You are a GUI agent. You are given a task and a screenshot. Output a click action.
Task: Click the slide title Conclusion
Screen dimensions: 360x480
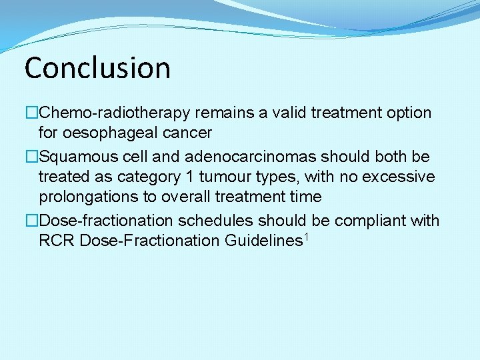(x=97, y=67)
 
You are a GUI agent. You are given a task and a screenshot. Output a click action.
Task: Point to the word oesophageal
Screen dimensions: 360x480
(x=98, y=133)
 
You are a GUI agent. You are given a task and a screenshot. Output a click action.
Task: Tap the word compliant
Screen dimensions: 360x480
(x=370, y=221)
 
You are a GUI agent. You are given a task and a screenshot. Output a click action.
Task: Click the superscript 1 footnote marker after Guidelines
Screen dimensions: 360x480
(x=306, y=236)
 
